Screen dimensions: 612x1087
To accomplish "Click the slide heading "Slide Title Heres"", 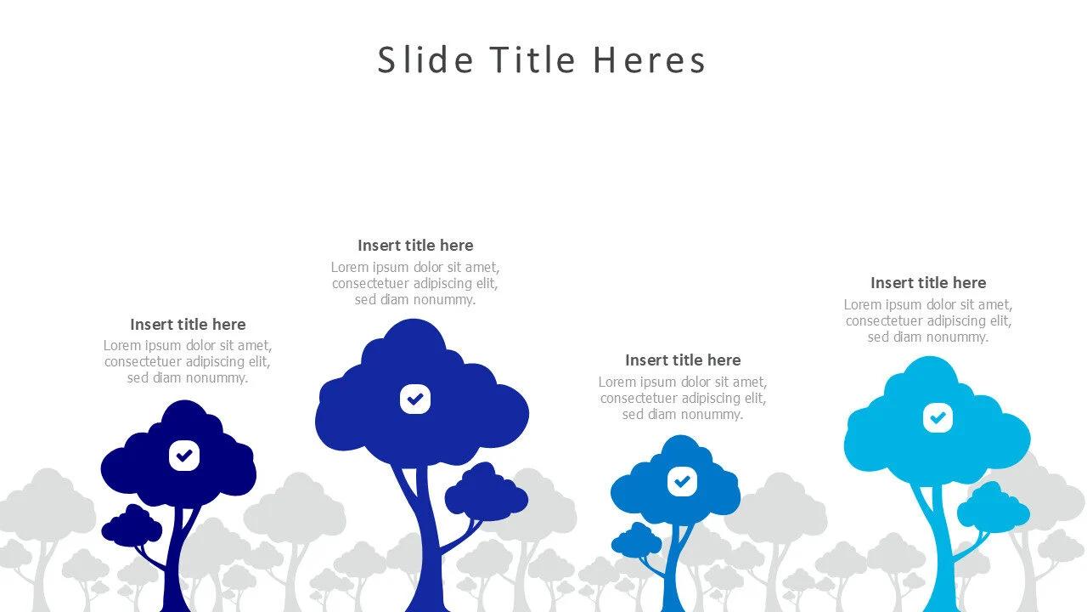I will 542,60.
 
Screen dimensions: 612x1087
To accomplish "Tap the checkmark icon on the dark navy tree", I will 184,456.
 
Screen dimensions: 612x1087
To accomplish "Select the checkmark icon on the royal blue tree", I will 415,399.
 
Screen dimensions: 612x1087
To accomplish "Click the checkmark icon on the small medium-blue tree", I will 681,481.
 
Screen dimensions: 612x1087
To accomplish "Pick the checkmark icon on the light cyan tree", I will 938,417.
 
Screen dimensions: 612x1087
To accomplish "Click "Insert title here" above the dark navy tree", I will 188,324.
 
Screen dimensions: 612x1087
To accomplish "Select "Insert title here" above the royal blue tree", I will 415,245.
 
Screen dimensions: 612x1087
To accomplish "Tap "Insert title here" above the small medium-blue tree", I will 683,360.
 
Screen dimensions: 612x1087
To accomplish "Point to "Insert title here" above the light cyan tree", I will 928,282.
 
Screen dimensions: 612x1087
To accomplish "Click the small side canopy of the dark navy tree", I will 132,527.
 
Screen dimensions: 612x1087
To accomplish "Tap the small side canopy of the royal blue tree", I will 486,494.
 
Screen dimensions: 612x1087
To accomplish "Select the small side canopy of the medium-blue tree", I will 636,541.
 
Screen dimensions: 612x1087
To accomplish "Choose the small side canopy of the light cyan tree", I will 993,507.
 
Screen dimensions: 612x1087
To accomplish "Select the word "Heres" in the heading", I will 650,60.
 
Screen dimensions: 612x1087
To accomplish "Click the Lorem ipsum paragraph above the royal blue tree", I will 415,283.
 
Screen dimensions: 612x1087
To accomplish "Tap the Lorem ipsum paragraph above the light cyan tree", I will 928,320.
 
